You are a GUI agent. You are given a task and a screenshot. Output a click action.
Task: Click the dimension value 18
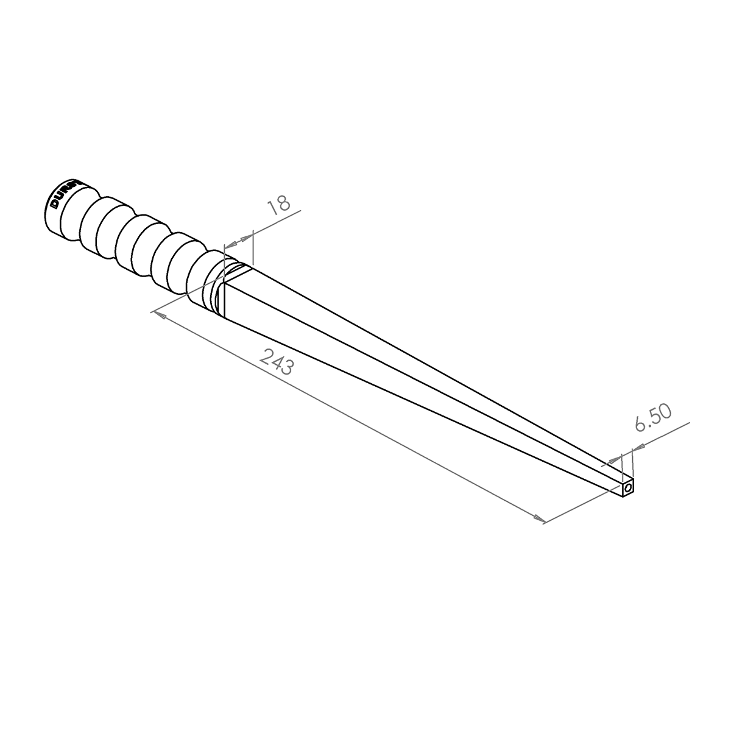click(x=279, y=207)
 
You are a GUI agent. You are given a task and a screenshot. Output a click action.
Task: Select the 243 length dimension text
click(x=277, y=362)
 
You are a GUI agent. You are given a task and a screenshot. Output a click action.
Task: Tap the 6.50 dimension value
click(x=652, y=418)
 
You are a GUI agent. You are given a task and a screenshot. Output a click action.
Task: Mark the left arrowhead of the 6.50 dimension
click(x=615, y=459)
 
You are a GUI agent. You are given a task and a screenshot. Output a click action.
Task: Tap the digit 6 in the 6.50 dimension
click(x=640, y=425)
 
